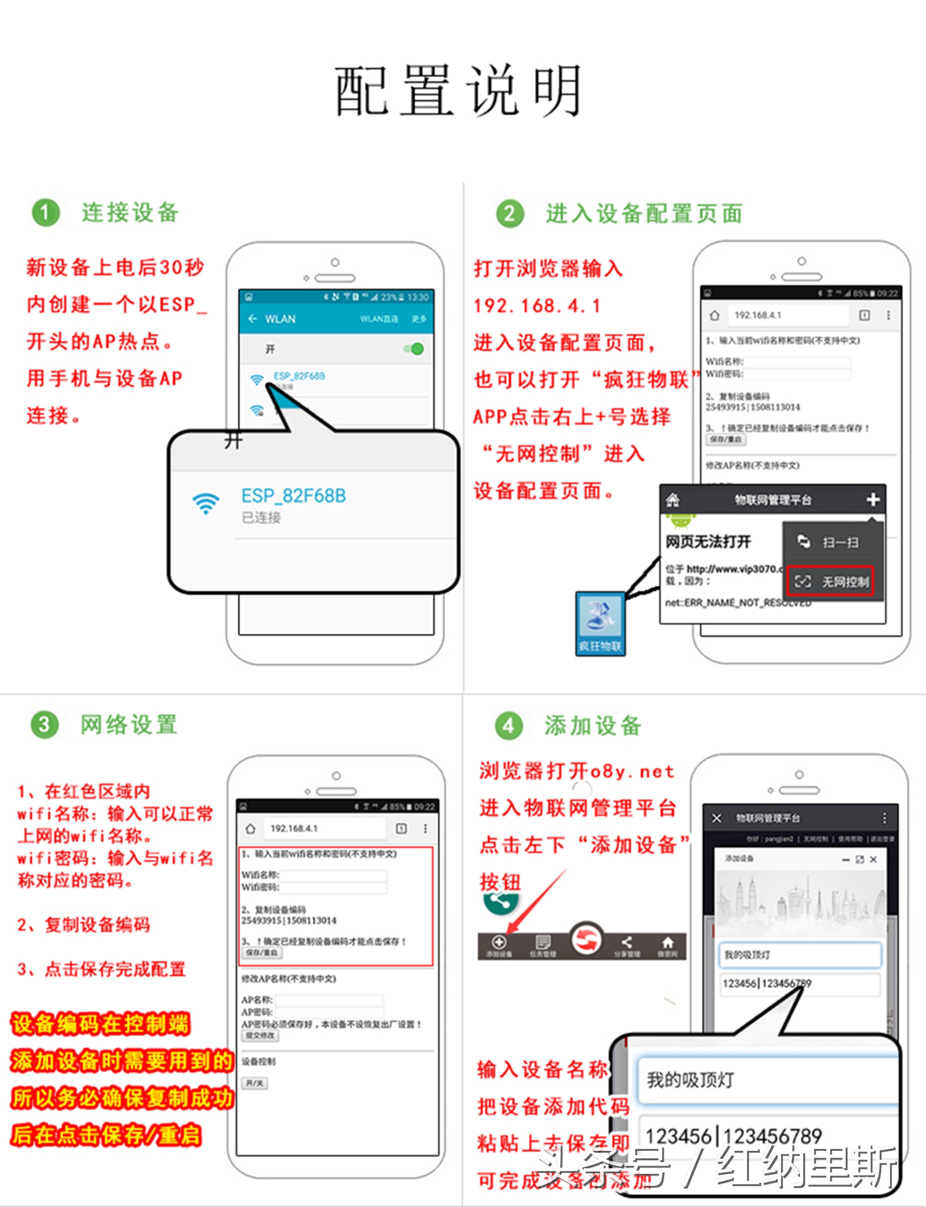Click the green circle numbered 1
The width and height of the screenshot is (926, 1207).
[45, 213]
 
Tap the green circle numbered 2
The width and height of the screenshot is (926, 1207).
[509, 214]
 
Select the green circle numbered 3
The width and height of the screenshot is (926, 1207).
[44, 724]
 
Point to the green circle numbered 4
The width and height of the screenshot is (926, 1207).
[509, 726]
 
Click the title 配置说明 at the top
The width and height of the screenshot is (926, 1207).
[458, 91]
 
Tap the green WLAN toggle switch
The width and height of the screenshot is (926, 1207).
[414, 349]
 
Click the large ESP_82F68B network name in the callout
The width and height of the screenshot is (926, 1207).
[293, 496]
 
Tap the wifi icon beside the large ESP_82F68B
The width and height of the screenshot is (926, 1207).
[206, 504]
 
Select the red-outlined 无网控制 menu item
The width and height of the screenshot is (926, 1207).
[831, 581]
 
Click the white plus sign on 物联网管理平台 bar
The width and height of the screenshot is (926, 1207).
[872, 499]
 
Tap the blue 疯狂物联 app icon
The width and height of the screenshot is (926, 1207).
[600, 623]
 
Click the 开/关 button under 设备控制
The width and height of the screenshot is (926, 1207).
[254, 1083]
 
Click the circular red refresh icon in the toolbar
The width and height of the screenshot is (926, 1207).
[585, 940]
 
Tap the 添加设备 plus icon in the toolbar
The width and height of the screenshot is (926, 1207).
[499, 942]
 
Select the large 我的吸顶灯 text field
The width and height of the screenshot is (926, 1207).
[765, 1080]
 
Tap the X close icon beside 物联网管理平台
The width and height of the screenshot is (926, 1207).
[717, 818]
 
